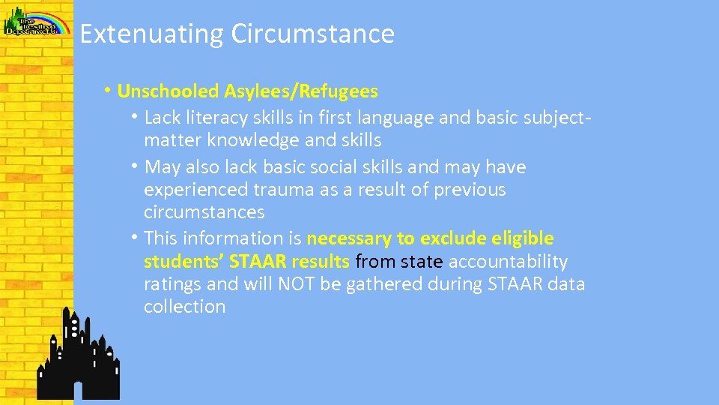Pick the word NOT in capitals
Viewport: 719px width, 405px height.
click(299, 285)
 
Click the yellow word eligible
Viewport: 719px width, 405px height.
click(523, 239)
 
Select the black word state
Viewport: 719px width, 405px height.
click(422, 262)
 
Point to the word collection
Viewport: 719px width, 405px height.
click(184, 307)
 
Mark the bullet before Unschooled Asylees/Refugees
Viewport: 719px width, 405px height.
click(109, 91)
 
